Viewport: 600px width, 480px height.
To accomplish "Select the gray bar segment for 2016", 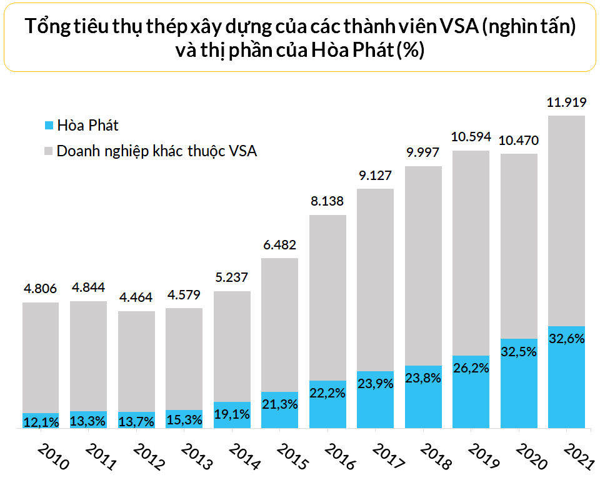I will (327, 297).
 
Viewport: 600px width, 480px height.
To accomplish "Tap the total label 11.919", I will (566, 102).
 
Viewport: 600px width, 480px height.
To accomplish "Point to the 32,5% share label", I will (519, 351).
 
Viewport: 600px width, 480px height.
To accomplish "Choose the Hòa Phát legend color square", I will (49, 126).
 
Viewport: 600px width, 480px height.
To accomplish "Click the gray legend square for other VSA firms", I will (49, 151).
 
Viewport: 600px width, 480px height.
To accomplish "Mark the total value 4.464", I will (136, 297).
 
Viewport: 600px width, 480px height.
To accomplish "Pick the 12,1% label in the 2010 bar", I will (41, 422).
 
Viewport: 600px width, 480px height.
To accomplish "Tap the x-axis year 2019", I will (481, 457).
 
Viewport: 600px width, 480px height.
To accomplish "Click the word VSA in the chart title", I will (460, 27).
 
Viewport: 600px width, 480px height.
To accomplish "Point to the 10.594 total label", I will (471, 137).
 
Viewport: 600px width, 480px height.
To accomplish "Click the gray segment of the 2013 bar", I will (184, 357).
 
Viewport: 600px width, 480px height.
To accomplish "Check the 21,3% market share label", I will (280, 404).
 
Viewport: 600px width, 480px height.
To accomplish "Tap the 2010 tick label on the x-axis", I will (51, 457).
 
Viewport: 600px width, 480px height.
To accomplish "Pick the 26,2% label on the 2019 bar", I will (471, 369).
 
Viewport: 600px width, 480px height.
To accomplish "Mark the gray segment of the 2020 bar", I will (519, 245).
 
